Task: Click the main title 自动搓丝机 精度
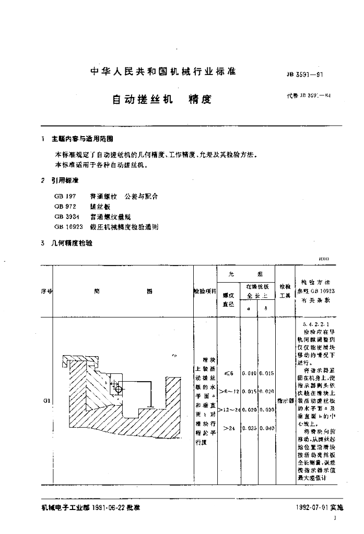tap(162, 99)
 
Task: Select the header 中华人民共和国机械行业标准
tap(163, 71)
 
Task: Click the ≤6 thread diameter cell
tap(228, 373)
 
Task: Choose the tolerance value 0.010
tap(249, 373)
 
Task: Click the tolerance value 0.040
tap(266, 428)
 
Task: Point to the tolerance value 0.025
tap(249, 428)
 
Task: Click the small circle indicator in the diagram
tap(119, 389)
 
